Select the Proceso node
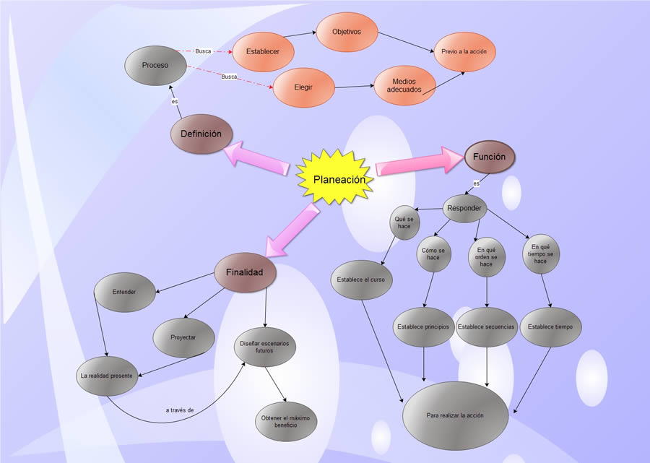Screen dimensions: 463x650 (x=155, y=65)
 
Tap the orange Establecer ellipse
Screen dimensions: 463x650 (x=262, y=52)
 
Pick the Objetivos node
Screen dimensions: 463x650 (x=346, y=33)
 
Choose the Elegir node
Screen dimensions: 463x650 (x=303, y=88)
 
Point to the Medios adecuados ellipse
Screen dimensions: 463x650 (x=404, y=86)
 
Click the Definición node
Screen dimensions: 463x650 (x=201, y=134)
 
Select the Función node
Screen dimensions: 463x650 (x=489, y=157)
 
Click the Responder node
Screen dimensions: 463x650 (x=464, y=209)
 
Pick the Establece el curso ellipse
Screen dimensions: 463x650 (x=361, y=280)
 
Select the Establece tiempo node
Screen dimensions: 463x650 (x=550, y=326)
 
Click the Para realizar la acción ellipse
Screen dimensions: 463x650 (x=454, y=416)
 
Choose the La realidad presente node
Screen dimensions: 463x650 (x=108, y=376)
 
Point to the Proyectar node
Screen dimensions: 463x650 (x=183, y=338)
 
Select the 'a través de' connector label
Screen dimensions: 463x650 (x=179, y=410)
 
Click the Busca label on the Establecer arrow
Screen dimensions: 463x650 (x=203, y=51)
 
